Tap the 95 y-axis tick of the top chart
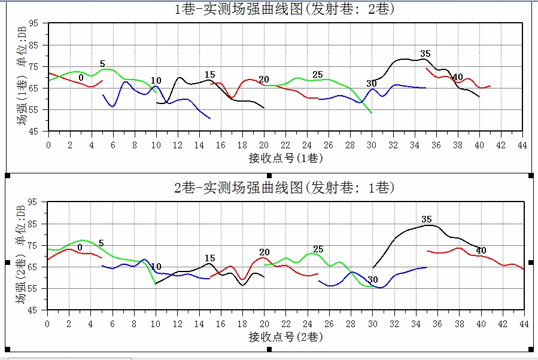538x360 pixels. tap(34, 23)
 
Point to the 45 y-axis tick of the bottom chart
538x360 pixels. tap(34, 310)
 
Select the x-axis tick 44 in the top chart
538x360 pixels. tap(522, 145)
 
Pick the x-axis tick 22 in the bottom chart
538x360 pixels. tap(285, 324)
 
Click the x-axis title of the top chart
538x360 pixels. tap(285, 158)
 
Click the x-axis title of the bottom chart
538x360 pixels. tap(285, 337)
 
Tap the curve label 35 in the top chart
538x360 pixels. tap(425, 54)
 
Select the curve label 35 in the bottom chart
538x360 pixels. tap(427, 219)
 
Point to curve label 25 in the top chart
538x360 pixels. tap(318, 75)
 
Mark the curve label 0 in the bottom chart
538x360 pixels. tap(80, 247)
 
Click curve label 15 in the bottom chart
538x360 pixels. tap(209, 258)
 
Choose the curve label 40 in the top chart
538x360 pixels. tap(458, 77)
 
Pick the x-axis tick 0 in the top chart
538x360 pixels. tap(48, 145)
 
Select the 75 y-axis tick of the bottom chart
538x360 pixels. tap(34, 246)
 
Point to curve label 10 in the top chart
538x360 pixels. tap(156, 81)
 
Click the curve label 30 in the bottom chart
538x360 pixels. tap(373, 279)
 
